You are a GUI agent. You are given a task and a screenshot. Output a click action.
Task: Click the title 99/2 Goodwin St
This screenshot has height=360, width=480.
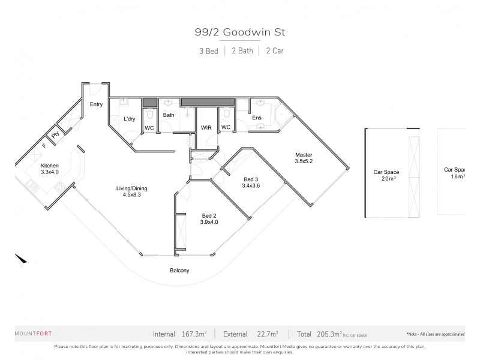(x=240, y=33)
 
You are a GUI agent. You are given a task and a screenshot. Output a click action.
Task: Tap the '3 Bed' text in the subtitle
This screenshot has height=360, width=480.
(x=208, y=51)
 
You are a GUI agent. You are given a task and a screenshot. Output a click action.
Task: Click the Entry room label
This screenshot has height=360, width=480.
(x=96, y=104)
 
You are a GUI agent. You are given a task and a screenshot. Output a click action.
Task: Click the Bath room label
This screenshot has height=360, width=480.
(x=169, y=115)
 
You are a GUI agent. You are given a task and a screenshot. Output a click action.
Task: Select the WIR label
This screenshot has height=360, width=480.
(x=206, y=128)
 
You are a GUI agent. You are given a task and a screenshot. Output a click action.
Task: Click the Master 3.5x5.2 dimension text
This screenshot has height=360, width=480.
(x=303, y=161)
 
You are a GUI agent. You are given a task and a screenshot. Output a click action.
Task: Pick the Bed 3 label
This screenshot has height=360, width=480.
(x=251, y=179)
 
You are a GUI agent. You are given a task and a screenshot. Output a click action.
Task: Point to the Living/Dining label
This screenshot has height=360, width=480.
(x=132, y=188)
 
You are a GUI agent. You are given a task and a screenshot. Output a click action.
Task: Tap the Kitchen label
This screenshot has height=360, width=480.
(x=49, y=166)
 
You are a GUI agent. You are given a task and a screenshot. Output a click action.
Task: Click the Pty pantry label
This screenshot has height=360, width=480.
(x=55, y=135)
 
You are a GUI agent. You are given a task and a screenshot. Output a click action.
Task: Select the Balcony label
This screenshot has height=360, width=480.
(x=179, y=271)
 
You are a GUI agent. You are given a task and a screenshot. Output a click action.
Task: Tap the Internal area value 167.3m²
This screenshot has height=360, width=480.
(x=194, y=334)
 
